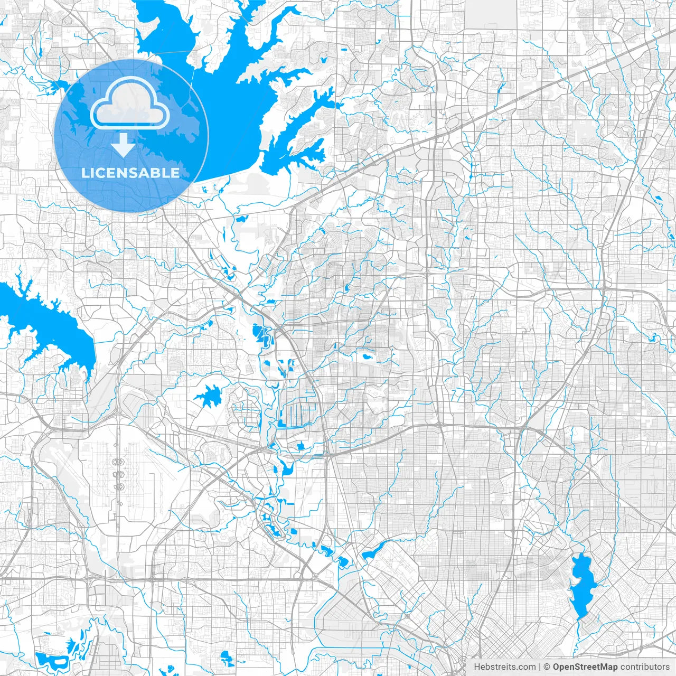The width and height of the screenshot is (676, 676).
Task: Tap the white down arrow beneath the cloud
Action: [x=124, y=145]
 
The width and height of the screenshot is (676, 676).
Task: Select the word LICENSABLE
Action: [x=130, y=173]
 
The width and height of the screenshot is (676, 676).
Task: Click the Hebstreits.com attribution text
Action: [x=504, y=667]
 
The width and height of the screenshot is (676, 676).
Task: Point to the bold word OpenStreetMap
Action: [x=585, y=667]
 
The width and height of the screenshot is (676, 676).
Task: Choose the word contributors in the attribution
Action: [x=645, y=667]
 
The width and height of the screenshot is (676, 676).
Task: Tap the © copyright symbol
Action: [x=547, y=667]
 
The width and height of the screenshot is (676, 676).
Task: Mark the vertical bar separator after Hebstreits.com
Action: [x=539, y=667]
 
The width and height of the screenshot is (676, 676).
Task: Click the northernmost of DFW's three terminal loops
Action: [x=118, y=461]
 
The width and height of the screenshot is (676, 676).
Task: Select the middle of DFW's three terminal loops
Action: [x=118, y=474]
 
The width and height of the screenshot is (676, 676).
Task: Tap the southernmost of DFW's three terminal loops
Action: [x=118, y=486]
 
